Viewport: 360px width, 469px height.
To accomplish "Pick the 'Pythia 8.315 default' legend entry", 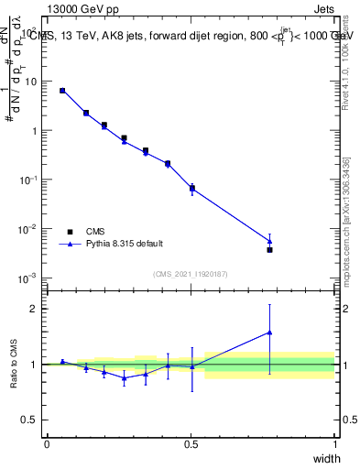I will pos(125,244).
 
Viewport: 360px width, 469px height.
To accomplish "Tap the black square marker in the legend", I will pos(69,232).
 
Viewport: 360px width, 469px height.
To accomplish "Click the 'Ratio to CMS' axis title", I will pos(16,365).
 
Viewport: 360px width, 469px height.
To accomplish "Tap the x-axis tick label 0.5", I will pos(191,444).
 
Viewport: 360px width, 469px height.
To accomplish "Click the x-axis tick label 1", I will pos(334,444).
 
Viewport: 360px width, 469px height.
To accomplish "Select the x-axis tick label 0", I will pos(47,444).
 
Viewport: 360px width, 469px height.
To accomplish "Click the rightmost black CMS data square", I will pos(269,249).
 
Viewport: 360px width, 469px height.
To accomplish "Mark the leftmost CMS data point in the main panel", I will pos(62,91).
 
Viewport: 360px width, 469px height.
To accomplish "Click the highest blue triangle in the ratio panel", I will pos(269,333).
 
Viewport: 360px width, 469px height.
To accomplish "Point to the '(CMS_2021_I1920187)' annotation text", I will pos(191,274).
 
